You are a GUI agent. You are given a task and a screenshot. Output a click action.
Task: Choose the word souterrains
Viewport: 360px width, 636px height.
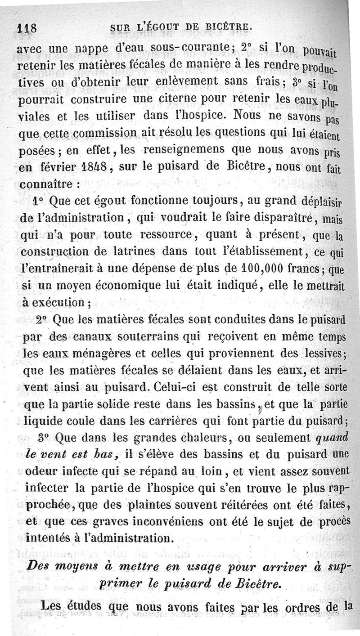(133, 337)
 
